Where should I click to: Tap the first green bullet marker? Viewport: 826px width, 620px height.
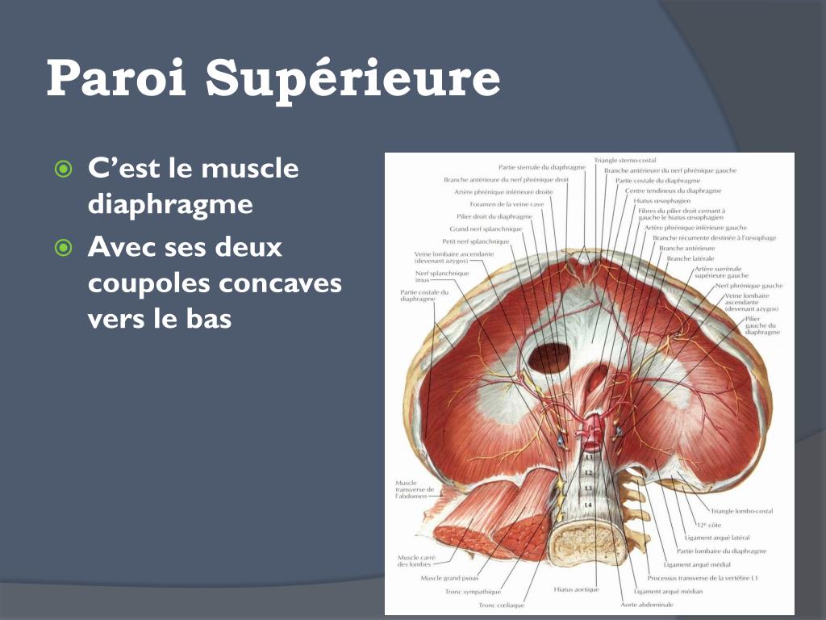coord(63,170)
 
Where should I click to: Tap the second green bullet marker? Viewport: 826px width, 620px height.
coord(63,247)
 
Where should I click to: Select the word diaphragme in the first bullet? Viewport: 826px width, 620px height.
coord(169,204)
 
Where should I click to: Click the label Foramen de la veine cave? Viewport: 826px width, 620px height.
coord(502,204)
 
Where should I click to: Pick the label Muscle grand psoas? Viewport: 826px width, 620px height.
coord(449,578)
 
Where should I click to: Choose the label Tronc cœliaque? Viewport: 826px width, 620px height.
coord(501,605)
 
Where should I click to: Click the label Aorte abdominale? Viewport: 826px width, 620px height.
coord(646,604)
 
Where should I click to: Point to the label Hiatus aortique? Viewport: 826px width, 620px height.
coord(576,589)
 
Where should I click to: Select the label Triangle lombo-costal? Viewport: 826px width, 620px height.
coord(741,511)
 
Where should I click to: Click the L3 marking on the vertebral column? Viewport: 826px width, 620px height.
coord(588,488)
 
